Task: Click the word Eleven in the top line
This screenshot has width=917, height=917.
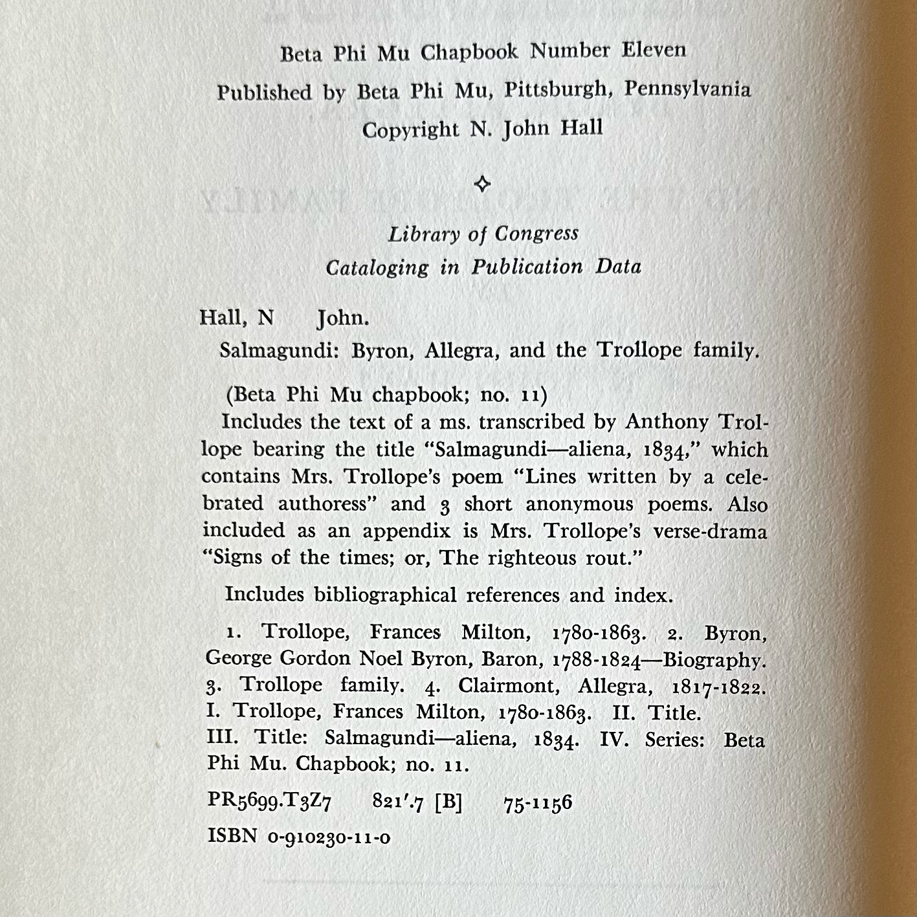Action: click(x=654, y=50)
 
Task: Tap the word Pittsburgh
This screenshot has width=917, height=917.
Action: click(x=558, y=89)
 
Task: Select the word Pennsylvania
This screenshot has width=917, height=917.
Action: click(x=687, y=89)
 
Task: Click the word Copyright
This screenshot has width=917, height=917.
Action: click(x=410, y=130)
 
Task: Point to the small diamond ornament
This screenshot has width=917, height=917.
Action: click(x=482, y=184)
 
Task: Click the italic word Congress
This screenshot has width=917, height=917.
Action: click(x=536, y=234)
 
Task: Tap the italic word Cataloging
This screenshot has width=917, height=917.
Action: click(x=377, y=267)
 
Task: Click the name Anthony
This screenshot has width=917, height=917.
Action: click(x=667, y=422)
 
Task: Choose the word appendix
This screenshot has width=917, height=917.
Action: click(x=406, y=531)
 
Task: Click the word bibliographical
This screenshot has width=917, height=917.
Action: click(x=385, y=595)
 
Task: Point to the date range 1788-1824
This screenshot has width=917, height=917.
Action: click(x=597, y=660)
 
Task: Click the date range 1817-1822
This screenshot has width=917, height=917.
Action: click(x=718, y=687)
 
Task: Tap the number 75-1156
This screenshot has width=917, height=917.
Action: click(x=538, y=803)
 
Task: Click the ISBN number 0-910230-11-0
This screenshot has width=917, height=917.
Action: click(x=329, y=837)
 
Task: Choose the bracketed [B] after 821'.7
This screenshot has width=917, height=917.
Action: click(x=448, y=803)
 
